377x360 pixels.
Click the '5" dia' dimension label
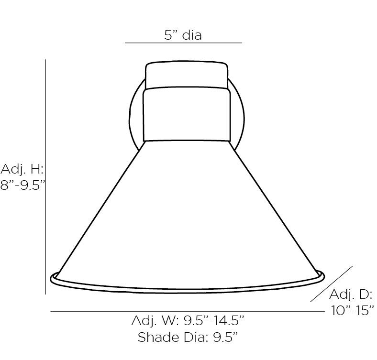(183, 35)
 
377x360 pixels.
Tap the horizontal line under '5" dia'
(183, 43)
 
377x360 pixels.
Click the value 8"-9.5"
(23, 185)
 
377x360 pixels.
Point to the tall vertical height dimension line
(45, 176)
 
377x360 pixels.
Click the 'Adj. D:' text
(351, 294)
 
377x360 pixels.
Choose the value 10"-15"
(353, 310)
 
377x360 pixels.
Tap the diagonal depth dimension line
(332, 284)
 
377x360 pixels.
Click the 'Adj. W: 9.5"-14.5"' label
(188, 320)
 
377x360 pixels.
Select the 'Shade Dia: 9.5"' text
(188, 337)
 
